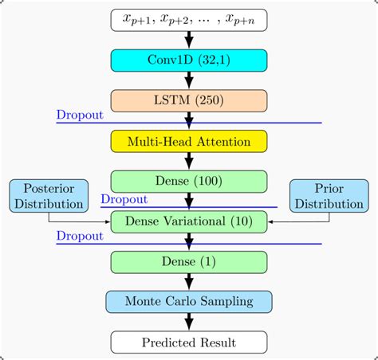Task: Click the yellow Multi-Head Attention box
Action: click(189, 141)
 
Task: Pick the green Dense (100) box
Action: click(189, 182)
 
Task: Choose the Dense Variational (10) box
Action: click(189, 221)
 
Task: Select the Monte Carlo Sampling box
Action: click(189, 301)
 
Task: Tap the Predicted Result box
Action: click(189, 342)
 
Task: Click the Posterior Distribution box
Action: click(48, 196)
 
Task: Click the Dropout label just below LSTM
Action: click(80, 115)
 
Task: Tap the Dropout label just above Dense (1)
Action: click(80, 236)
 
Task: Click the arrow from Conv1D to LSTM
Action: click(189, 80)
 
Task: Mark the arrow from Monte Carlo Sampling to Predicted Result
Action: click(189, 322)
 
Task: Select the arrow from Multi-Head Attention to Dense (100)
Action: click(189, 162)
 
